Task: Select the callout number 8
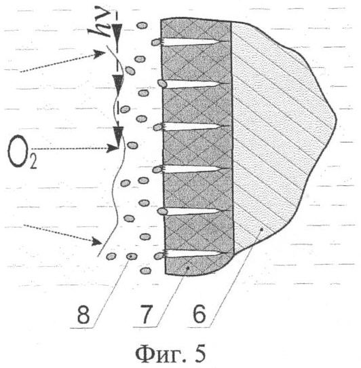coord(83,314)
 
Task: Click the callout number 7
coord(146,314)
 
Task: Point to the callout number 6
coord(199,314)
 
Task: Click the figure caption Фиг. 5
coord(170,354)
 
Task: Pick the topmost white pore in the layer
coord(191,42)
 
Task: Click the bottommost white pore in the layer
coord(193,254)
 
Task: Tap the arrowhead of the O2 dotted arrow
coord(112,148)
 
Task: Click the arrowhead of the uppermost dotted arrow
coord(100,54)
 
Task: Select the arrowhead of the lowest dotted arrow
coord(97,241)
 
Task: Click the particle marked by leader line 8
coord(131,256)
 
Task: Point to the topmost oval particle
coord(142,25)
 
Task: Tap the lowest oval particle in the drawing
coord(145,271)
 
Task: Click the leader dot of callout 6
coord(262,229)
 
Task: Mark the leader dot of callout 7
coord(187,268)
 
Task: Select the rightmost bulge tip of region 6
coord(336,119)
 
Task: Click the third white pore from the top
coord(192,127)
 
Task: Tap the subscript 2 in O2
coord(33,164)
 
